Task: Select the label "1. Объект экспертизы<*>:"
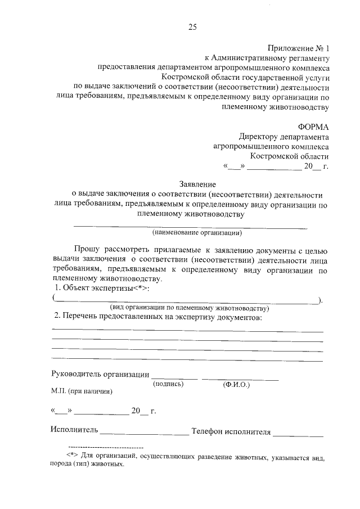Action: (x=102, y=288)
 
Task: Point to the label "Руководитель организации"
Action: (x=100, y=374)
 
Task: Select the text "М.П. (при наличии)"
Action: (x=82, y=392)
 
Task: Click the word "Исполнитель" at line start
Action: (x=74, y=431)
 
